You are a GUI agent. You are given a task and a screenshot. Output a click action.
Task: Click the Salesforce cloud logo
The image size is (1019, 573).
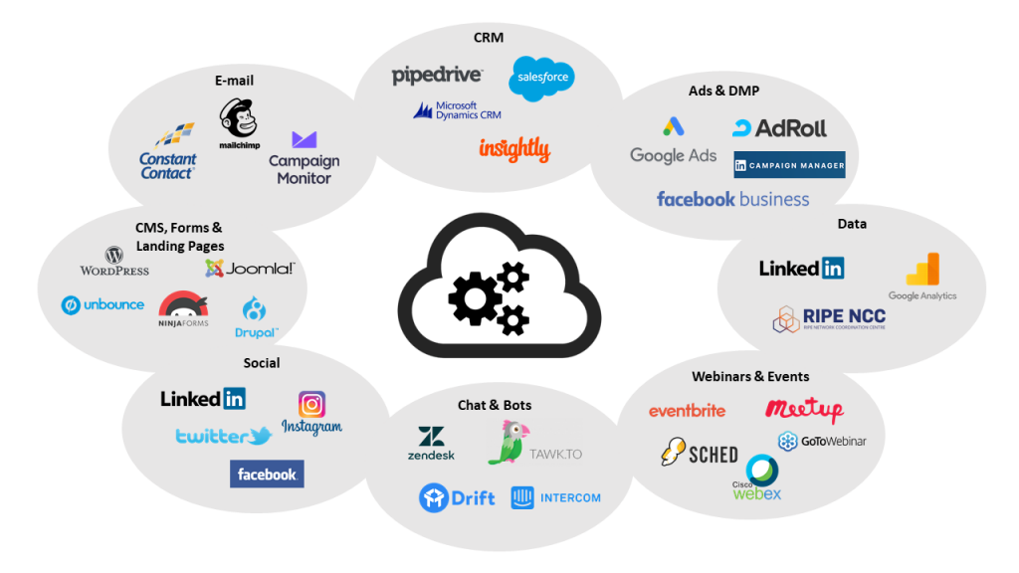[x=541, y=79]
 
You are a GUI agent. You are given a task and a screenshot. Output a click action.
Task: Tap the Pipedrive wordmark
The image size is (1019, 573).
[x=437, y=75]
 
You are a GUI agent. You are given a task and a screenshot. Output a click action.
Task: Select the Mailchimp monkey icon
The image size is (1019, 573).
[x=239, y=119]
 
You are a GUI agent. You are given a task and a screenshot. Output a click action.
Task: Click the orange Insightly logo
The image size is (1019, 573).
[x=513, y=149]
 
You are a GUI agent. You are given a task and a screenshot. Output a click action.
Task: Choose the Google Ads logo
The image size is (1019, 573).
[x=674, y=142]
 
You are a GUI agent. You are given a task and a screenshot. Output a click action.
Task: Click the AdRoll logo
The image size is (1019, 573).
[x=779, y=128]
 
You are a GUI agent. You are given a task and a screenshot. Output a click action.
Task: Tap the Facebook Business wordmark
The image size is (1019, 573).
[x=732, y=199]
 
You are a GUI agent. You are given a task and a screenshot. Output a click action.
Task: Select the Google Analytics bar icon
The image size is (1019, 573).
[x=922, y=270]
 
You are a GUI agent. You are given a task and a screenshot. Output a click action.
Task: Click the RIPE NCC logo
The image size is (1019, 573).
[x=829, y=318]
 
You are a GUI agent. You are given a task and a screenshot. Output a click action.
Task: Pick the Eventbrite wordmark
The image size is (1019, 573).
[x=687, y=411]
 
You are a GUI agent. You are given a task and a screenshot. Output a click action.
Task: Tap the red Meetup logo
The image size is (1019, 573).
[x=804, y=409]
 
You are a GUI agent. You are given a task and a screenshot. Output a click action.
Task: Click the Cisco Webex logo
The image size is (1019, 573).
[x=758, y=478]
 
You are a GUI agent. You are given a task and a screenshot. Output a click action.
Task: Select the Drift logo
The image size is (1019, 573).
[x=457, y=497]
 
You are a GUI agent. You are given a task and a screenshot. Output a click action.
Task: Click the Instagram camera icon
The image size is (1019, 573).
[x=311, y=404]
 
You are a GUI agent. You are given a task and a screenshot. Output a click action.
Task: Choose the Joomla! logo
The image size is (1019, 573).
[x=250, y=268]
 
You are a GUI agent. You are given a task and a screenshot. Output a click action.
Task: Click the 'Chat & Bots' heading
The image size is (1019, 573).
[x=495, y=405]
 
